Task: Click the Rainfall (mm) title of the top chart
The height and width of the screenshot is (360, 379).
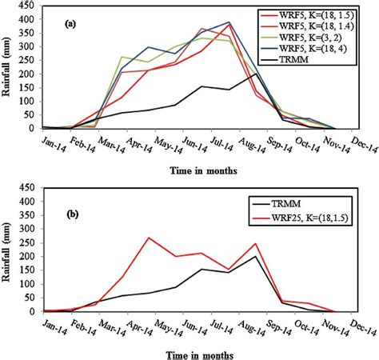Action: point(8,67)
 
